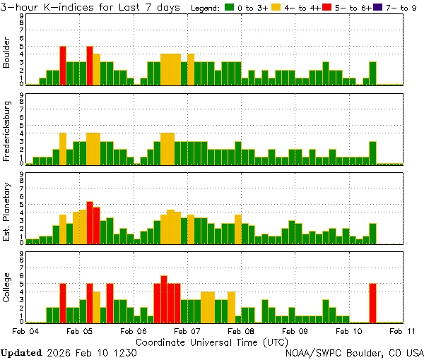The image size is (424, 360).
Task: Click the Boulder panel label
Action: (7, 54)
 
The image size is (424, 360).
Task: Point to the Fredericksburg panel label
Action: (7, 132)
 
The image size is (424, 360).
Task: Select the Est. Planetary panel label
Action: (7, 211)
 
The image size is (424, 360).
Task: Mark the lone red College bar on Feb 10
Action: (372, 302)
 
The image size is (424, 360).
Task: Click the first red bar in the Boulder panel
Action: (63, 65)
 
